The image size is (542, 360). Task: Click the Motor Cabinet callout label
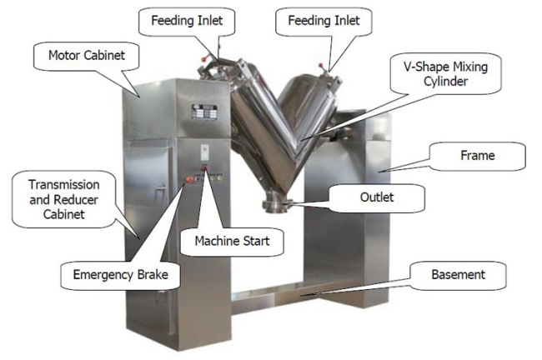pyautogui.click(x=87, y=55)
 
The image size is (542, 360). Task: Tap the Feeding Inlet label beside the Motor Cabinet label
pyautogui.click(x=187, y=20)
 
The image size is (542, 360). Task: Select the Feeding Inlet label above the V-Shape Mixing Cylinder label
pyautogui.click(x=324, y=20)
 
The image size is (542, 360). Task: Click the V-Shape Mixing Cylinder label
pyautogui.click(x=445, y=74)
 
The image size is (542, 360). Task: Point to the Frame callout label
pyautogui.click(x=478, y=156)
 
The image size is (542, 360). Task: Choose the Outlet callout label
pyautogui.click(x=377, y=197)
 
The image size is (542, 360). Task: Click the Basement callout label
pyautogui.click(x=459, y=275)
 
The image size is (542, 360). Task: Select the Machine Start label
pyautogui.click(x=232, y=241)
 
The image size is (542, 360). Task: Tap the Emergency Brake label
pyautogui.click(x=121, y=275)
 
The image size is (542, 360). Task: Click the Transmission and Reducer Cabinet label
pyautogui.click(x=64, y=199)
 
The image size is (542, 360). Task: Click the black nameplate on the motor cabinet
pyautogui.click(x=204, y=112)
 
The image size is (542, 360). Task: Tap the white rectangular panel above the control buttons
pyautogui.click(x=205, y=152)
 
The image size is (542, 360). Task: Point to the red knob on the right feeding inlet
pyautogui.click(x=320, y=65)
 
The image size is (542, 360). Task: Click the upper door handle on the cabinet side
pyautogui.click(x=160, y=188)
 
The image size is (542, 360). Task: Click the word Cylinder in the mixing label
pyautogui.click(x=445, y=82)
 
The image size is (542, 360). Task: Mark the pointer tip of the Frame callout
pyautogui.click(x=378, y=172)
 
